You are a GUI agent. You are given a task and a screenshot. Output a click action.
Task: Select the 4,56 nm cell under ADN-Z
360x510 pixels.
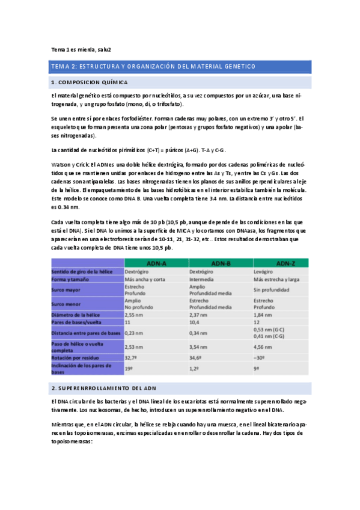(264, 346)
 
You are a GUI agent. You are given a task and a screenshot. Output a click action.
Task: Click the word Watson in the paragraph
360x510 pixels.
(63, 164)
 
